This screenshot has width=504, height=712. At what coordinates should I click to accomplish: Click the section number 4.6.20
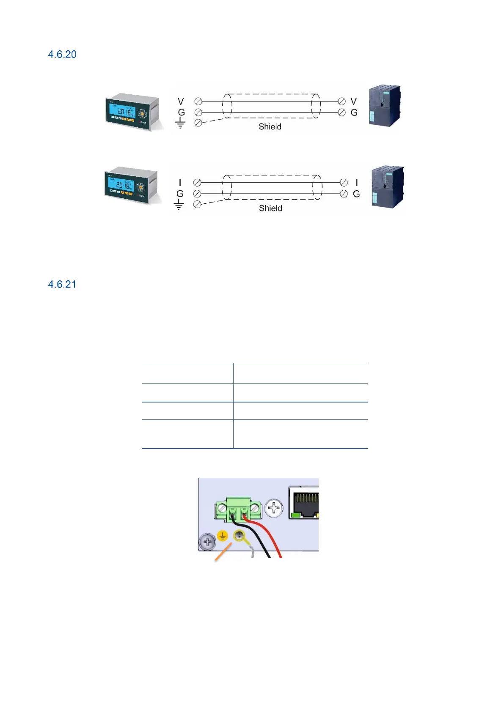pyautogui.click(x=62, y=55)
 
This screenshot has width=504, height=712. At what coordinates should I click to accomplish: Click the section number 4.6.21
pyautogui.click(x=62, y=285)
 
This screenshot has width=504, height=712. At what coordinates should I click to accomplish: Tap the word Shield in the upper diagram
pyautogui.click(x=270, y=127)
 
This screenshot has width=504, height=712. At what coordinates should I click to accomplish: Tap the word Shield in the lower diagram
pyautogui.click(x=270, y=208)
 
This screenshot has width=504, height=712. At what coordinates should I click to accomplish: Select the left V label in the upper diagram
pyautogui.click(x=181, y=102)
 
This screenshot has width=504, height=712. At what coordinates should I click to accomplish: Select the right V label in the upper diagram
pyautogui.click(x=354, y=102)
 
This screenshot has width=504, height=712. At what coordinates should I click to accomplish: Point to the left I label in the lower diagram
pyautogui.click(x=180, y=183)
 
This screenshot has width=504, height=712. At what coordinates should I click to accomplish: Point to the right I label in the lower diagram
pyautogui.click(x=357, y=183)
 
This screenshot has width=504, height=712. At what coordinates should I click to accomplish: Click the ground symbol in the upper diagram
pyautogui.click(x=180, y=123)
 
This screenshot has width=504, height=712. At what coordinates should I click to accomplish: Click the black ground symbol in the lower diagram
pyautogui.click(x=179, y=205)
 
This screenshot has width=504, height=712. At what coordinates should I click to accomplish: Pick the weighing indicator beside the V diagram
pyautogui.click(x=133, y=112)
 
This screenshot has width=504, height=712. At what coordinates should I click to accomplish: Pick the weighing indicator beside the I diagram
pyautogui.click(x=132, y=185)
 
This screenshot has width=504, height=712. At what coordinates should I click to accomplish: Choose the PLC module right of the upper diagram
pyautogui.click(x=384, y=106)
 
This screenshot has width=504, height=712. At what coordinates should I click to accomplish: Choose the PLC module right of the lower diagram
pyautogui.click(x=387, y=187)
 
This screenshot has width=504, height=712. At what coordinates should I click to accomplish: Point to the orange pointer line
pyautogui.click(x=223, y=553)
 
